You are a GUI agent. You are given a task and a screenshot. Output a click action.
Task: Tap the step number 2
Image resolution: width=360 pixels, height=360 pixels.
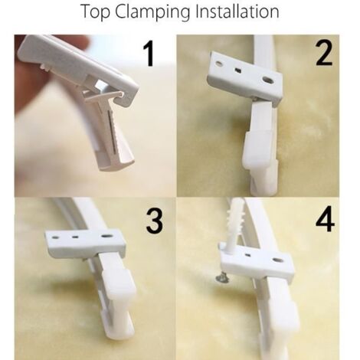322,55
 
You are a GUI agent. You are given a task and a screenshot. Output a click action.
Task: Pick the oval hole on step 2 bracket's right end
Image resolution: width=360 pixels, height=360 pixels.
268,80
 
